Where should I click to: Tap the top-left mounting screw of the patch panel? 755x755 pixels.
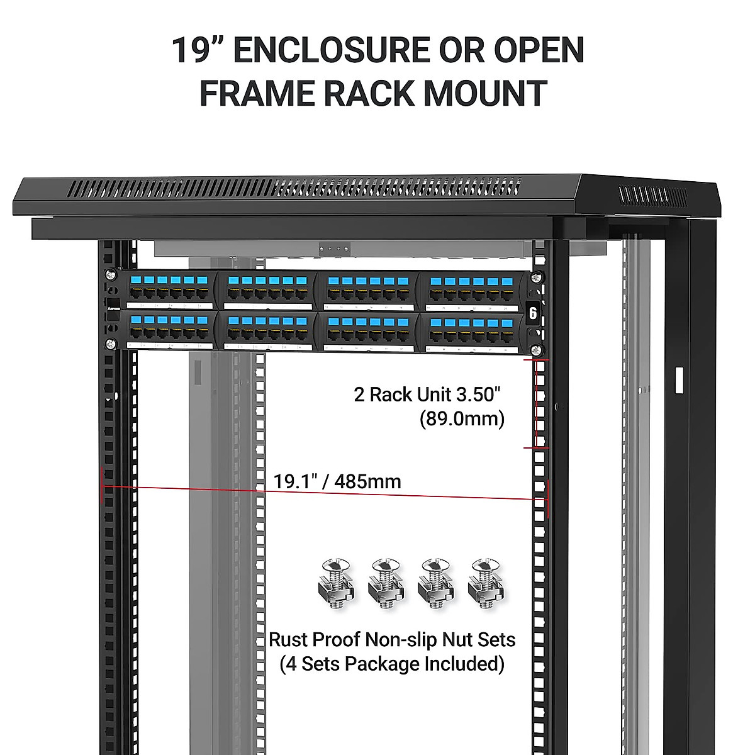111,276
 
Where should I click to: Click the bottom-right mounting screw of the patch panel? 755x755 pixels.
536,350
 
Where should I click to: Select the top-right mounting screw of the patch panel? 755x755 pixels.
536,276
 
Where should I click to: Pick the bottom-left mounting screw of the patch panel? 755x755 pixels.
111,344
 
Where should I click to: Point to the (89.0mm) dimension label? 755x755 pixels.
462,418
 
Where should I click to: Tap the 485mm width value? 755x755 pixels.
368,481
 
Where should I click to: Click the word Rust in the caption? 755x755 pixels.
288,640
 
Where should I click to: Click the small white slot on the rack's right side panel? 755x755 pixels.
678,380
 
